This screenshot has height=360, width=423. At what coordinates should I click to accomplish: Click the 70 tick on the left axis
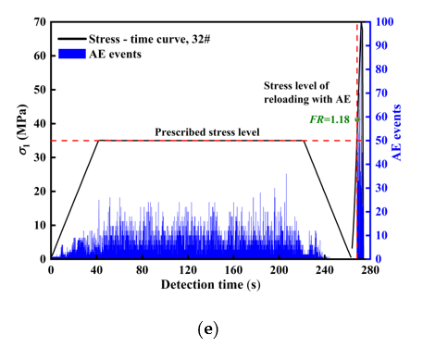[x=40, y=21]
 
